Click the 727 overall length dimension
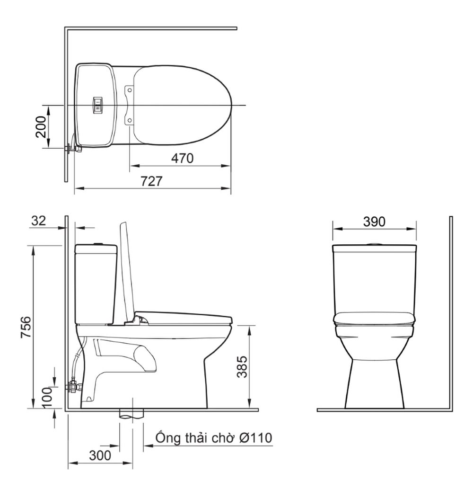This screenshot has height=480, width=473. coord(152,181)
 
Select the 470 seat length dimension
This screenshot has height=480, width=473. coord(182,158)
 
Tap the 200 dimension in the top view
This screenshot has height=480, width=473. coord(41,126)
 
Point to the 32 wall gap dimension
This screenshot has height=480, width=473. coord(39,221)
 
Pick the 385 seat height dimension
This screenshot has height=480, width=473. coord(242,367)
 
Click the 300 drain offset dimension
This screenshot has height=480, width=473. coord(100,455)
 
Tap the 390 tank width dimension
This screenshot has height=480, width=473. coord(374,221)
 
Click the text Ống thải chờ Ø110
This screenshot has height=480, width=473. coord(214,438)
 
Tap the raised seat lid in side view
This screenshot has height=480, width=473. coord(126,270)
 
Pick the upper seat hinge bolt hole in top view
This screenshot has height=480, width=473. coord(129,89)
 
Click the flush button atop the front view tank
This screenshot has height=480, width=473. coord(374,244)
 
